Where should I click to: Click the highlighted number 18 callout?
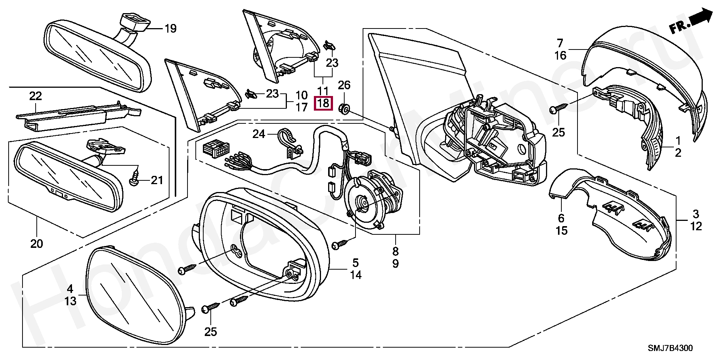tap(323, 103)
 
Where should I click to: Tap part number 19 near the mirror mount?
tap(171, 28)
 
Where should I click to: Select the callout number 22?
tap(36, 96)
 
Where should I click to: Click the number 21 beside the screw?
tap(157, 181)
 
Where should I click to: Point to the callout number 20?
tap(37, 244)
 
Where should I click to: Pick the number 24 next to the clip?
tap(258, 133)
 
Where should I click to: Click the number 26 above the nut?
tap(344, 85)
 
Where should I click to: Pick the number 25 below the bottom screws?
tap(211, 332)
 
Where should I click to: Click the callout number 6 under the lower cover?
tap(561, 218)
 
